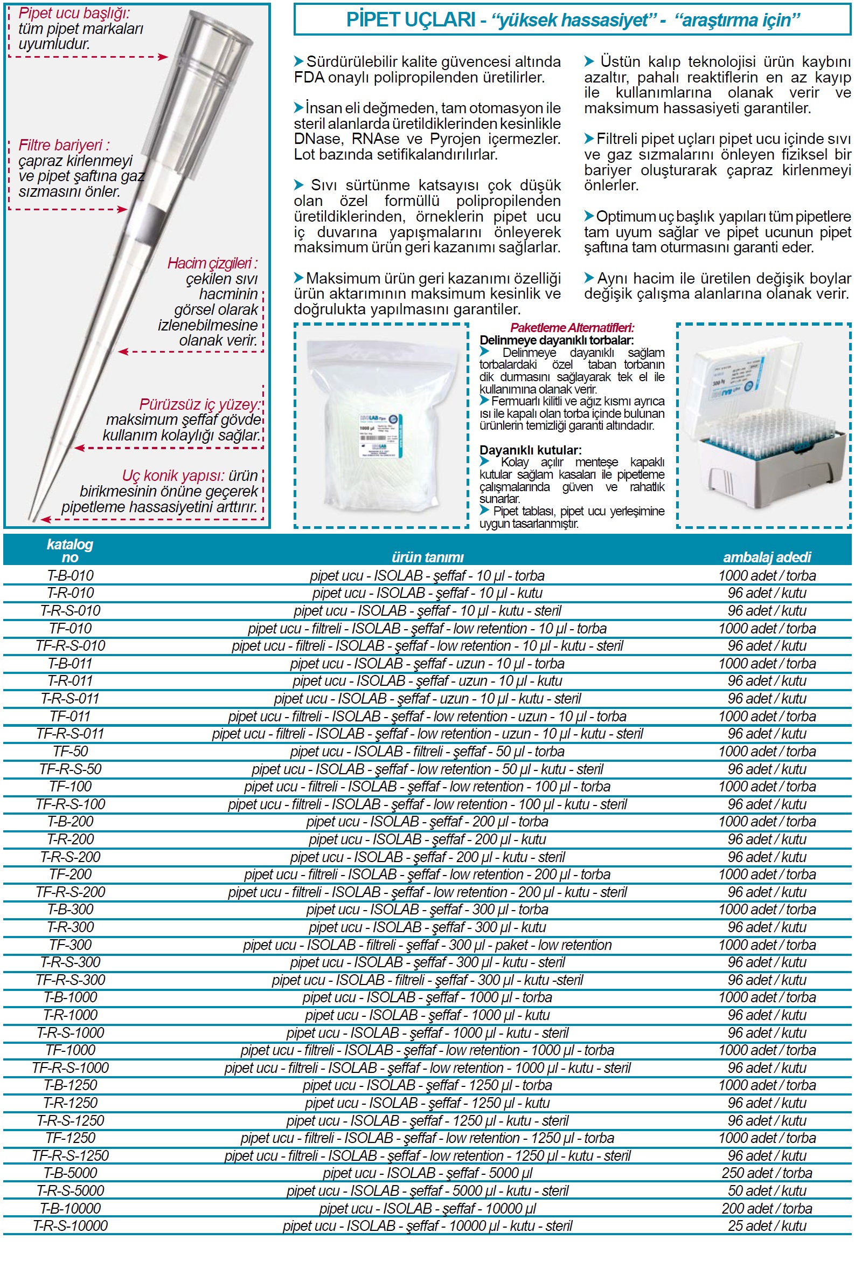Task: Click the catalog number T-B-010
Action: point(70,575)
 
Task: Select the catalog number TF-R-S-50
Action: point(70,769)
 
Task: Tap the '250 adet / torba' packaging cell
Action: point(767,1173)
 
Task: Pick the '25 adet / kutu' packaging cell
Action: point(767,1225)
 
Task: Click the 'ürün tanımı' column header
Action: point(427,556)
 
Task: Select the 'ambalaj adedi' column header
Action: point(767,556)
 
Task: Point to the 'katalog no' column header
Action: point(69,550)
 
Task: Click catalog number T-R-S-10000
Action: point(70,1225)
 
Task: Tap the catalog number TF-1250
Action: point(70,1138)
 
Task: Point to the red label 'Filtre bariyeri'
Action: point(64,145)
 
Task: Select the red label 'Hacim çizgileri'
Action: point(212,263)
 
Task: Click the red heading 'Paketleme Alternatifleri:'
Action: point(572,328)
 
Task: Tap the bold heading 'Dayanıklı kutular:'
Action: point(530,450)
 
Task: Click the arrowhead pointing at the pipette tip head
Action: point(163,57)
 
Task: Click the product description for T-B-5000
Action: point(427,1173)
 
